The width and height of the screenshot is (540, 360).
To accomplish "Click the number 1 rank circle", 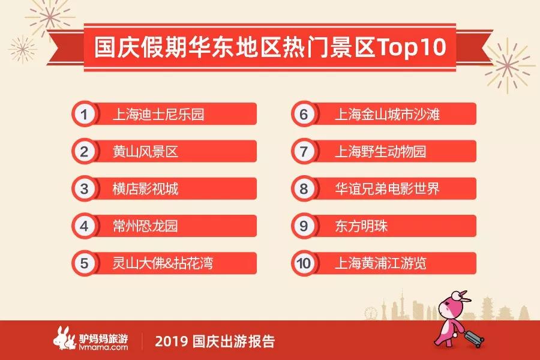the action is tap(85, 114).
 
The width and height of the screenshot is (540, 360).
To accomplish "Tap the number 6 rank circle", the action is tap(304, 114).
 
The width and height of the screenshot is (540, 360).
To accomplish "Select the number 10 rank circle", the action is tap(304, 263).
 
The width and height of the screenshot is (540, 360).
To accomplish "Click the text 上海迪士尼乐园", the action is tap(158, 115).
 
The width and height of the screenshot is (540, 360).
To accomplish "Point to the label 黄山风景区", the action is tap(145, 152).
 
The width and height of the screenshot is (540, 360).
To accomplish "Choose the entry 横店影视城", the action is tap(145, 189).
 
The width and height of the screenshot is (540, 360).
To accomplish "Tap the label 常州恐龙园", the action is tap(145, 226).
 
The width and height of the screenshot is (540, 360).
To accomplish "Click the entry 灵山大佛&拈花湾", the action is tap(163, 263).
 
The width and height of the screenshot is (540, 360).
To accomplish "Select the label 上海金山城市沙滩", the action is tap(388, 115).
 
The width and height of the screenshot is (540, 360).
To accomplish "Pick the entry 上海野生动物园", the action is tap(381, 152).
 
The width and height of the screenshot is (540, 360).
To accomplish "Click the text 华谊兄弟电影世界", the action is tap(388, 189).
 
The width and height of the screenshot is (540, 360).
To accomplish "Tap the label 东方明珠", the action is tap(361, 226).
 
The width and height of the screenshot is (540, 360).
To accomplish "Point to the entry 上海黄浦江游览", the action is tap(381, 263).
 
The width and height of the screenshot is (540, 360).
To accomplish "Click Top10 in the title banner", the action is tap(412, 47).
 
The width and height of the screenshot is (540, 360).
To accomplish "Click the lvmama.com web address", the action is tap(103, 347).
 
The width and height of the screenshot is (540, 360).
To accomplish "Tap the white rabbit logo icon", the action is tap(64, 338).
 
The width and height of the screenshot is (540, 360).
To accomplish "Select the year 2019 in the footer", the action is tap(171, 341).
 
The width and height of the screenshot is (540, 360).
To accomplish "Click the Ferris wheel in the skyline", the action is tap(371, 313).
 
